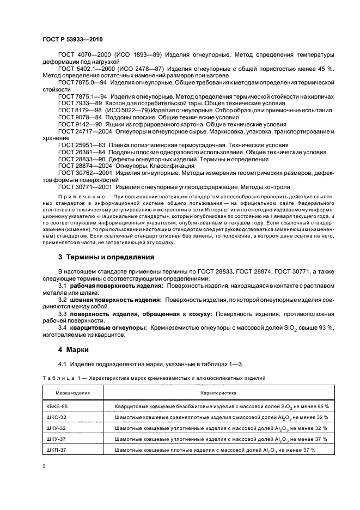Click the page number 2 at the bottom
(45, 466)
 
